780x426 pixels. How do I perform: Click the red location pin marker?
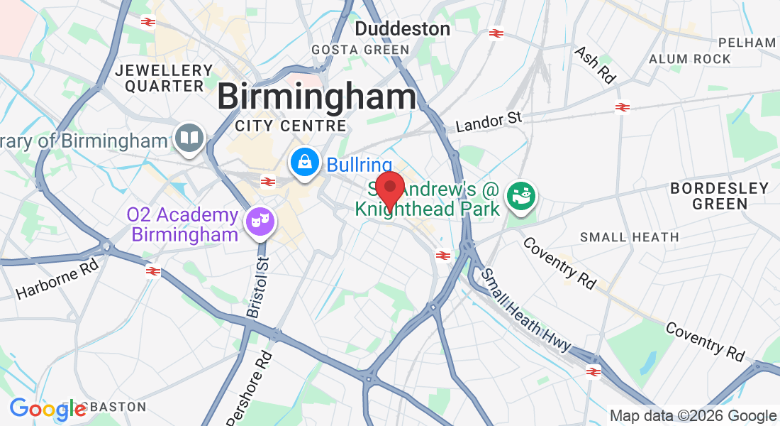[389, 189]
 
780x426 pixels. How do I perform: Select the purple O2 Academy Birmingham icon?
[260, 221]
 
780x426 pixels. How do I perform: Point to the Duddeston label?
[402, 29]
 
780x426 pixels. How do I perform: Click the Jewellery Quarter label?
[164, 78]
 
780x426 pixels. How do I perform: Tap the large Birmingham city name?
[316, 97]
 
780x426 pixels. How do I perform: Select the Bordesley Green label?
[719, 196]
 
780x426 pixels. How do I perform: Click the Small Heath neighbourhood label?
[629, 237]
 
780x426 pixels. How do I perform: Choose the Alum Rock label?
[689, 59]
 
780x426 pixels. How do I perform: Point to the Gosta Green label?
[361, 50]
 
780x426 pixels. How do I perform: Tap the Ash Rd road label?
[595, 65]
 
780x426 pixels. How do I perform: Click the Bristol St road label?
[259, 287]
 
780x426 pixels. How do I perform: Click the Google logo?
[48, 409]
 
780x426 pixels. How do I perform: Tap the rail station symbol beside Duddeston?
[496, 33]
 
